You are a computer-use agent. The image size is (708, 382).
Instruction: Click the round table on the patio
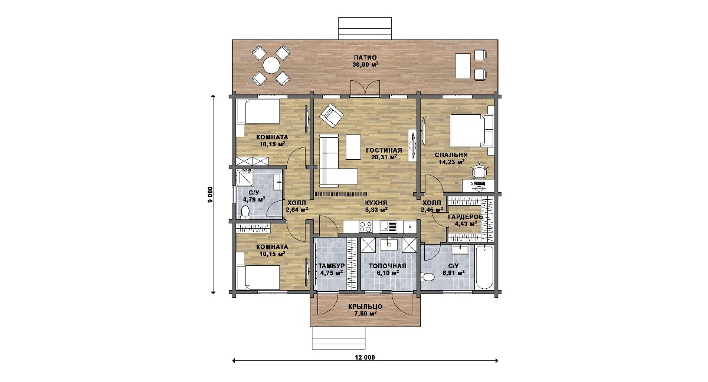pos(271,65)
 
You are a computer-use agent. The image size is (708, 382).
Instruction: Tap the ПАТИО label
pos(365,58)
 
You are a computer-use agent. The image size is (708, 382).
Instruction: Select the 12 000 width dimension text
pos(365,357)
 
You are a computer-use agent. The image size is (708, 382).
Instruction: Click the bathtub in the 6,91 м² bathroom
pos(484,267)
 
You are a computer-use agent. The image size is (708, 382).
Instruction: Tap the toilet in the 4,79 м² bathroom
pos(245,212)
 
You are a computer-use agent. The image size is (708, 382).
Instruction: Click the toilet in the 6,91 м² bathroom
pos(428,278)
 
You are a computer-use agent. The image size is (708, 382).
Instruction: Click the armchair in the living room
pos(331,116)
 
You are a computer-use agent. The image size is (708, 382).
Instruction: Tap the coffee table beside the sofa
pos(353,147)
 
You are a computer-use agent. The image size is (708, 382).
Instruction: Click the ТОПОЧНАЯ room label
pos(388,266)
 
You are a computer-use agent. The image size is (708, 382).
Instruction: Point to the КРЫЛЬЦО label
pos(365,307)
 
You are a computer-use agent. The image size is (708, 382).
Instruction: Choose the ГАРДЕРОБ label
pos(466,217)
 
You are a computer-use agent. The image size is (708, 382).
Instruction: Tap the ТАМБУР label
pos(331,266)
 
